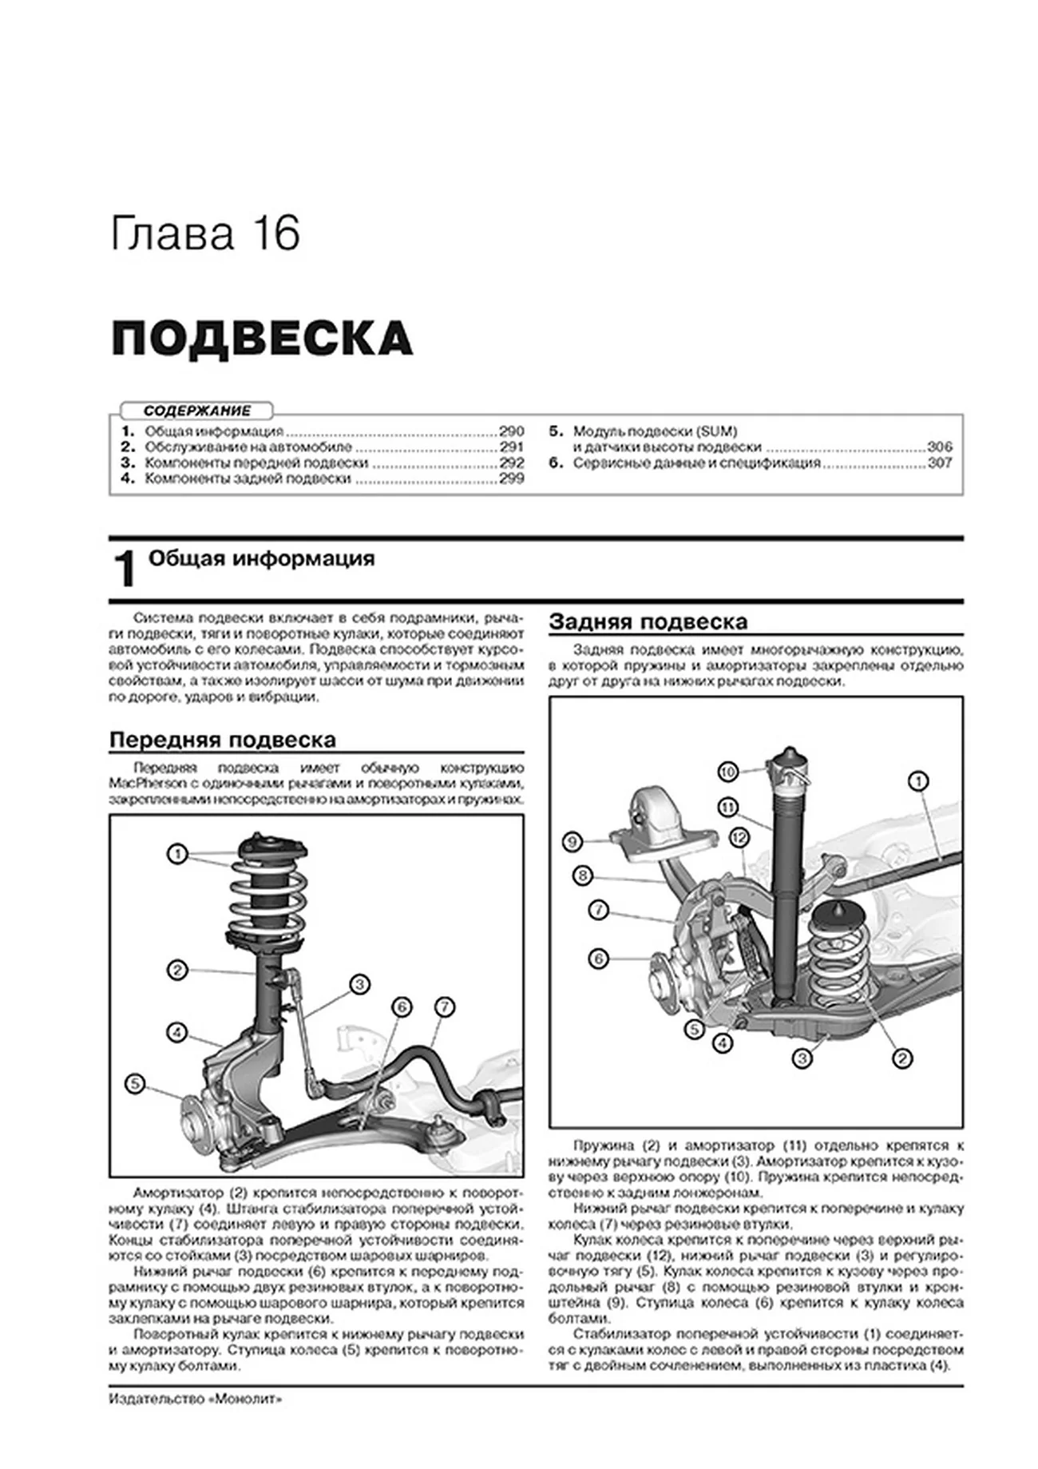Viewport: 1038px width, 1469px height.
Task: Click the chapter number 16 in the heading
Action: (277, 233)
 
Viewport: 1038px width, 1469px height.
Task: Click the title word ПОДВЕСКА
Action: (261, 338)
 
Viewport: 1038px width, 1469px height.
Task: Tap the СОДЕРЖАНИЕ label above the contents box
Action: (196, 411)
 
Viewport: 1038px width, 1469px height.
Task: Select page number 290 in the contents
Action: (511, 431)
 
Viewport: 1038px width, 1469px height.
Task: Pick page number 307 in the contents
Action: (939, 463)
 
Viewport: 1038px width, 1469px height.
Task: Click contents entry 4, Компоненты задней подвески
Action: (248, 478)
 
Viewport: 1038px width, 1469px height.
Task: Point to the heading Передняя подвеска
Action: (222, 740)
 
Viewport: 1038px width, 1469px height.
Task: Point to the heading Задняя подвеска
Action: (648, 621)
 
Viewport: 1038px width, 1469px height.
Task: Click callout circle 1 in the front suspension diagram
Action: (176, 854)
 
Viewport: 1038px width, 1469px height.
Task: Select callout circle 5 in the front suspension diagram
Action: (135, 1084)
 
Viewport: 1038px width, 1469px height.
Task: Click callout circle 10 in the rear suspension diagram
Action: (727, 772)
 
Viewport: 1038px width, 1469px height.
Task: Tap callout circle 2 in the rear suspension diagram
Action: (901, 1059)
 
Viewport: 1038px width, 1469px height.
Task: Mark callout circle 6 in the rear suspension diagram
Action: (598, 959)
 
